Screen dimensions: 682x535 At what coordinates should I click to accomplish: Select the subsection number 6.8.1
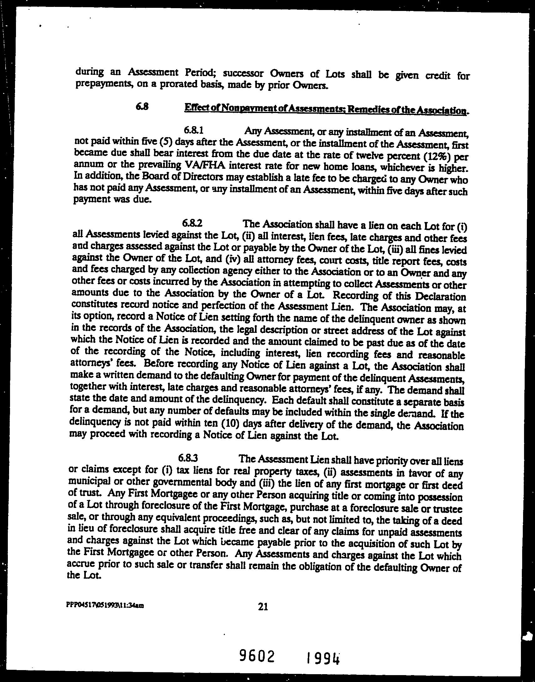(x=194, y=129)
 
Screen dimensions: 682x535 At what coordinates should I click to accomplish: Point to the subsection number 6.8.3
(x=188, y=458)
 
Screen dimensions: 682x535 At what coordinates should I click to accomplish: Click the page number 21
(x=263, y=607)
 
